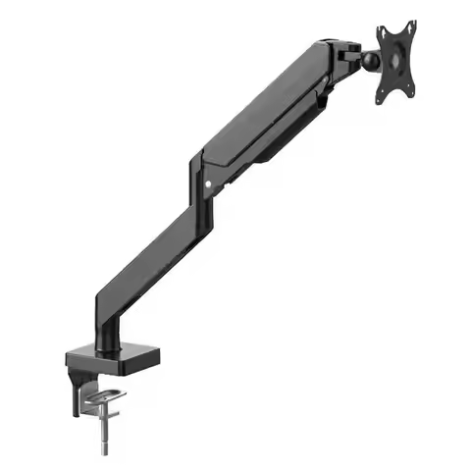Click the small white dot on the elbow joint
206,183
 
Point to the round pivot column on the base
106,334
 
